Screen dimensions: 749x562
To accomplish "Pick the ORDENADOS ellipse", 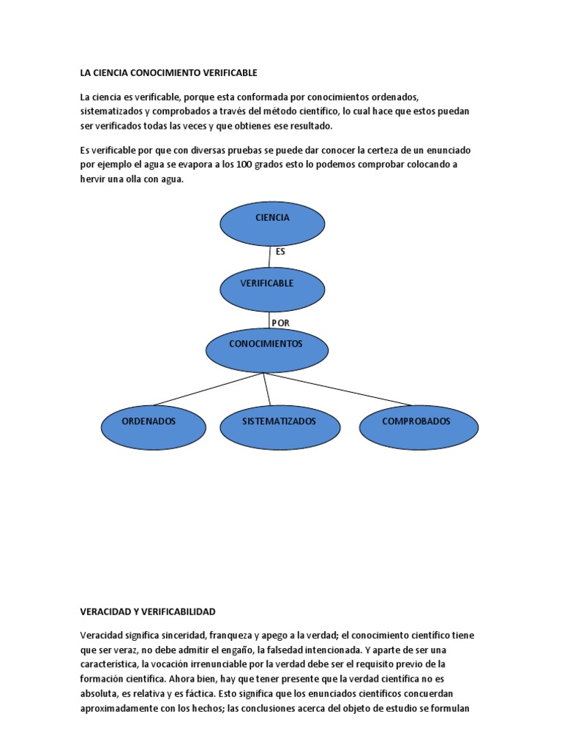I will tap(149, 426).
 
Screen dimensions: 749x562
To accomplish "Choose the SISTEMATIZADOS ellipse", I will tap(280, 426).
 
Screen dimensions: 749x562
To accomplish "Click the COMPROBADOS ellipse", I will tap(419, 426).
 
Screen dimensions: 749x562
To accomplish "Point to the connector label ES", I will tap(280, 252).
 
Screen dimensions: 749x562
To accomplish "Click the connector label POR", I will tap(280, 323).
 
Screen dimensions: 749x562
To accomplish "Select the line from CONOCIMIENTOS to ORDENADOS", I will tap(209, 389).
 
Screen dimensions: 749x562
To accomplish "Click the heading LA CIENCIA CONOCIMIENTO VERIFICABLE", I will tap(169, 73).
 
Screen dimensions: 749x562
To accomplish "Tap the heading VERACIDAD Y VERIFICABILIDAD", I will tap(148, 611).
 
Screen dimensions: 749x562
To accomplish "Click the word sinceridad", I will tap(180, 635).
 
